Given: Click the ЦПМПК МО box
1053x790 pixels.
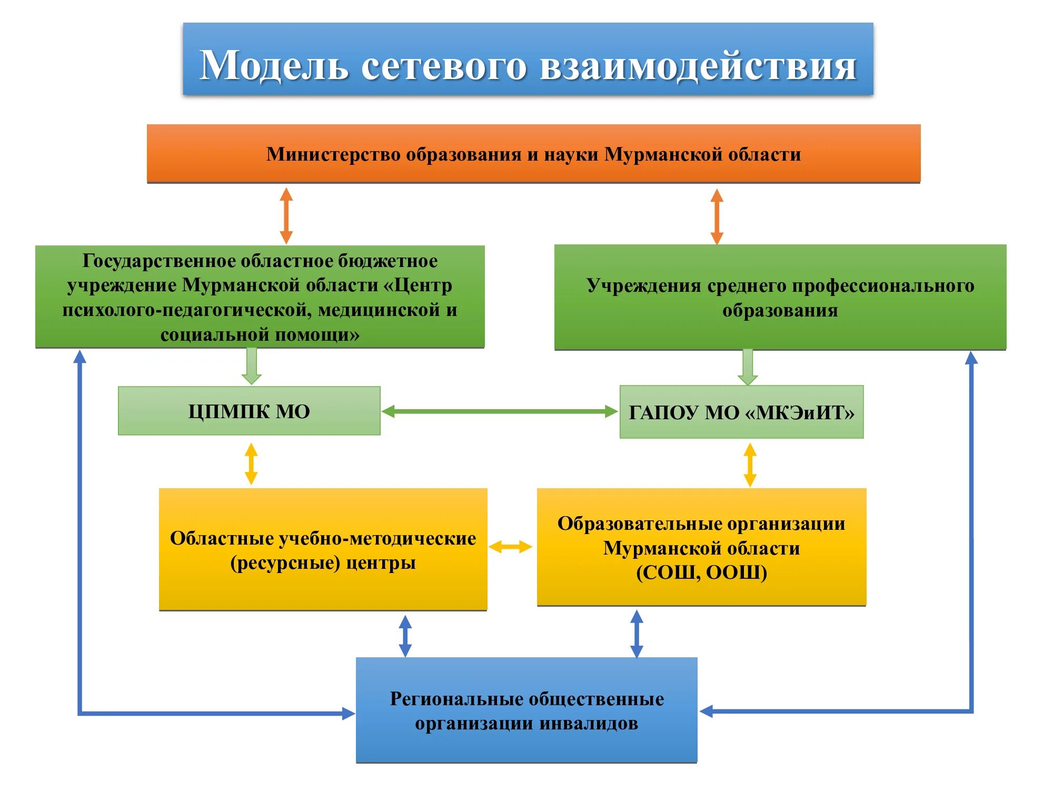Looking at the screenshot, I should [x=249, y=411].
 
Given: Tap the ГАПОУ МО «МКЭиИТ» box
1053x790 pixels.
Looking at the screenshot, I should [x=741, y=412].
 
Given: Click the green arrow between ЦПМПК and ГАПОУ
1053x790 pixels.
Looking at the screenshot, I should [x=499, y=411].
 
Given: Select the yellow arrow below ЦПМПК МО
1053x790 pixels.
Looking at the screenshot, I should [x=251, y=463].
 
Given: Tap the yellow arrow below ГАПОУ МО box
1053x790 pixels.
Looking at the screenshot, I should [x=750, y=464].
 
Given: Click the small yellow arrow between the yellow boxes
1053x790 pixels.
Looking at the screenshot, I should [x=510, y=547].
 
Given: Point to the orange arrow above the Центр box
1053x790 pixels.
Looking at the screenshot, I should [x=286, y=215].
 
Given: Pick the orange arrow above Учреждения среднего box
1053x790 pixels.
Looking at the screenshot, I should [x=717, y=216].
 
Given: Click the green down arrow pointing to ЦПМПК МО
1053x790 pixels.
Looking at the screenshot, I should [x=251, y=366].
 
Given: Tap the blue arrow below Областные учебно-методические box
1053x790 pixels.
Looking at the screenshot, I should [x=405, y=636].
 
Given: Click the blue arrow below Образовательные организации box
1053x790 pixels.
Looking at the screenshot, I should [x=637, y=634].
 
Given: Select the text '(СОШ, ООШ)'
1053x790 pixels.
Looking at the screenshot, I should [x=701, y=572].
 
